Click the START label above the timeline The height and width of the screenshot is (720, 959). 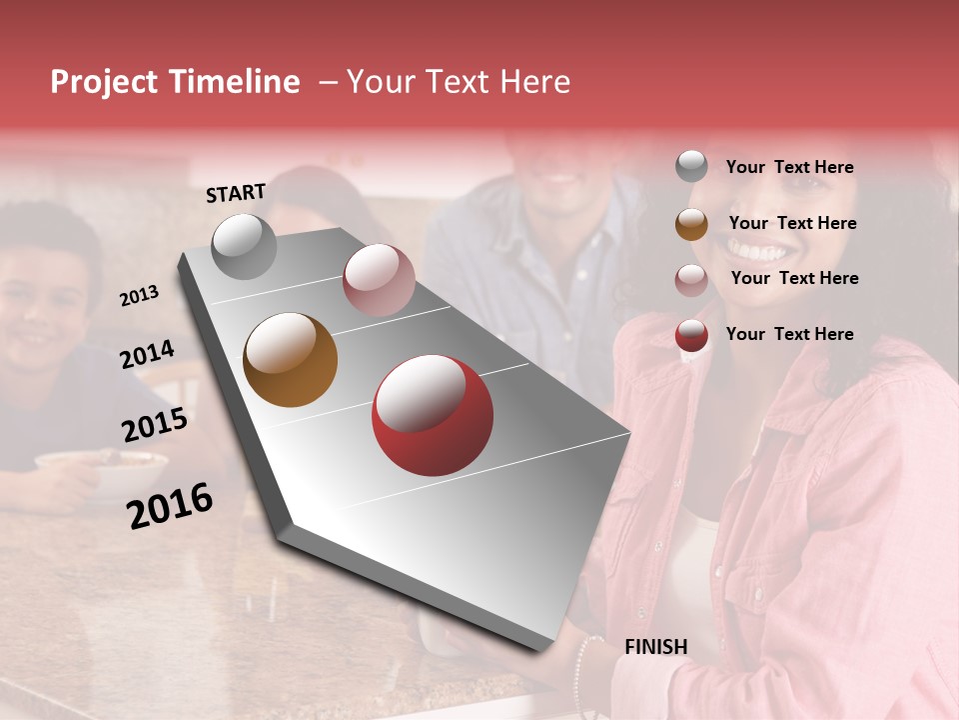[236, 193]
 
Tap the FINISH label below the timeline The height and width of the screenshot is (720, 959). [655, 647]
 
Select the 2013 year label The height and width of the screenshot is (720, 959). [140, 295]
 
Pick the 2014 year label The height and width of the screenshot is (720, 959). [147, 354]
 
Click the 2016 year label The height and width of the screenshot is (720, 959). [170, 505]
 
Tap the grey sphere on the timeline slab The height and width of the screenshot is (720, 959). [244, 246]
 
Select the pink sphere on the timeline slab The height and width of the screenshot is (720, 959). [379, 279]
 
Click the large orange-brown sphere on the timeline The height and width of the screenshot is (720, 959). [290, 360]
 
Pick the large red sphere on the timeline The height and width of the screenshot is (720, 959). [433, 415]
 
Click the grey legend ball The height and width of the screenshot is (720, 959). [691, 167]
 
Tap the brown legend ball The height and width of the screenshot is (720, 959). [691, 224]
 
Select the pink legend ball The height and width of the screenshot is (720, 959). [691, 280]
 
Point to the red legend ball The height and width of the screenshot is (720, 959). [691, 335]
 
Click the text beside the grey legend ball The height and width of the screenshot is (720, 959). [789, 168]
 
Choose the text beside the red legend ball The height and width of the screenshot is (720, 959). [789, 334]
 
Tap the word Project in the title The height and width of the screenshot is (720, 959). [104, 82]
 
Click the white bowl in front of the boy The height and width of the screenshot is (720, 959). [100, 471]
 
